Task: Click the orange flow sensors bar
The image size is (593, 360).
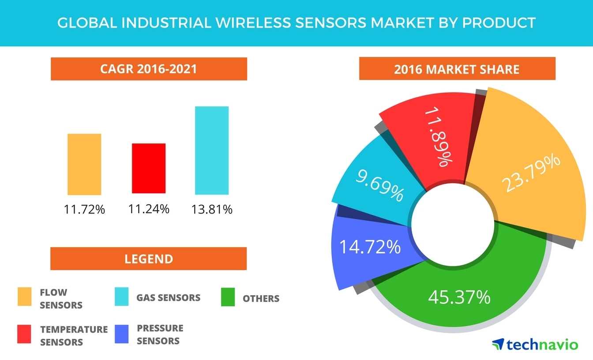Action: (x=84, y=165)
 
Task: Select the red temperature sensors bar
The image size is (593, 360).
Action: (x=149, y=169)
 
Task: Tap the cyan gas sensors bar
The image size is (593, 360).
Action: (x=212, y=150)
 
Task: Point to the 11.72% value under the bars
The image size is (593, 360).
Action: (x=84, y=210)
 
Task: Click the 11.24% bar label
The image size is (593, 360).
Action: (x=149, y=209)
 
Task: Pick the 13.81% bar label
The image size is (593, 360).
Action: (x=212, y=210)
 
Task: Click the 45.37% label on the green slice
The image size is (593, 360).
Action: (x=459, y=297)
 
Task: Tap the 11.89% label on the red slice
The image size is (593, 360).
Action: (x=439, y=137)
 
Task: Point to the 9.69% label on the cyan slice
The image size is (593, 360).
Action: (x=380, y=185)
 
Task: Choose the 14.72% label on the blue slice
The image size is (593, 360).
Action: (x=370, y=247)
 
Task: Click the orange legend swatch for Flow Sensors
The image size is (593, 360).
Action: (x=25, y=296)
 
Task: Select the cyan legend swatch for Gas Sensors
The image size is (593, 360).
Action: (x=121, y=296)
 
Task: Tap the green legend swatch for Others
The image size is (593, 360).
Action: (x=228, y=297)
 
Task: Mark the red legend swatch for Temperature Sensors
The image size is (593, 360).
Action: (x=24, y=334)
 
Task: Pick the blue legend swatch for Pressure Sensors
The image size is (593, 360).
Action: (x=121, y=334)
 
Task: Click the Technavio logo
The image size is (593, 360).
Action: (x=535, y=344)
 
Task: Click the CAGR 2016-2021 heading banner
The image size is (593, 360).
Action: (x=149, y=69)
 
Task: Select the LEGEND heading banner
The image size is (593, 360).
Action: (x=149, y=259)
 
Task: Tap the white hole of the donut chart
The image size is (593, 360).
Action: (x=453, y=225)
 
